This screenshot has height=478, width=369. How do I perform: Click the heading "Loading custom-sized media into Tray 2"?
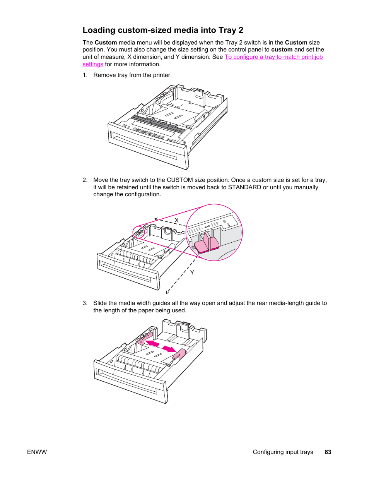click(x=163, y=30)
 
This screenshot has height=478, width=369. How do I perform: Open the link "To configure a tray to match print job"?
click(x=273, y=57)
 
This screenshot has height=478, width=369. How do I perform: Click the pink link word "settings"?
click(x=93, y=64)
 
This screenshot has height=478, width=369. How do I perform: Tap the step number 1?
click(x=85, y=75)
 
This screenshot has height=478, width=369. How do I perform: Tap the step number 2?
click(x=85, y=180)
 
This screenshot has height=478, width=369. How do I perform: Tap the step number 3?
click(x=85, y=303)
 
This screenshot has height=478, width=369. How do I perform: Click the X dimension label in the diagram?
click(x=177, y=220)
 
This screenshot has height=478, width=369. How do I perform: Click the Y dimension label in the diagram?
click(x=192, y=272)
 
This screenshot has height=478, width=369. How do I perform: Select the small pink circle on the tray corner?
click(x=138, y=233)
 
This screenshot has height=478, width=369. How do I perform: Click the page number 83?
click(x=328, y=452)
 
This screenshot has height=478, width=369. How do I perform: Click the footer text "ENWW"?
click(x=37, y=452)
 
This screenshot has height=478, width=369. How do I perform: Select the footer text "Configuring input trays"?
click(x=283, y=452)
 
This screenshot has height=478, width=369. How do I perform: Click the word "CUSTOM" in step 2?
click(x=179, y=180)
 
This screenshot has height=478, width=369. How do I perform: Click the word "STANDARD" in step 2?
click(x=244, y=187)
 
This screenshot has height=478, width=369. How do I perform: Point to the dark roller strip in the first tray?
click(x=158, y=124)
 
